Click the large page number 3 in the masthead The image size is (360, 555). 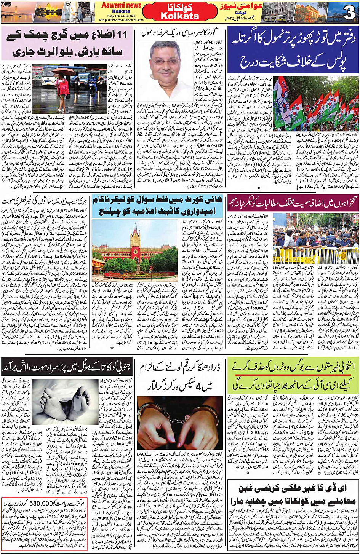(349, 14)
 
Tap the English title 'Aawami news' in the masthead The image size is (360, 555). (121, 5)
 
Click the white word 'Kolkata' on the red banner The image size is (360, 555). (180, 16)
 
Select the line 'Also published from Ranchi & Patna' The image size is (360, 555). (121, 20)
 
